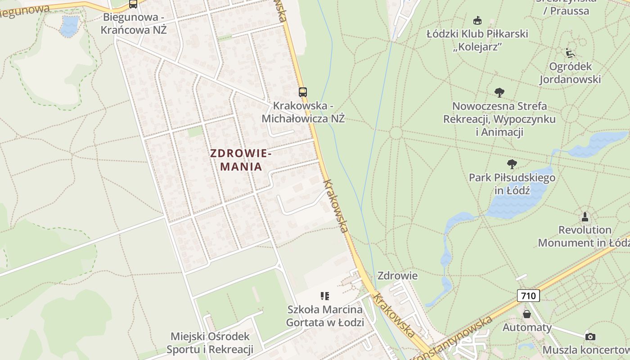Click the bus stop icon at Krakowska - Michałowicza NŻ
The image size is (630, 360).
[x=303, y=92]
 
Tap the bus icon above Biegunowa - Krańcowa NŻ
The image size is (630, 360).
[x=133, y=4]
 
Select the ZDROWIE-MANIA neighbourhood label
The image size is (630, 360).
[x=240, y=160]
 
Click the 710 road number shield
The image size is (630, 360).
[x=528, y=296]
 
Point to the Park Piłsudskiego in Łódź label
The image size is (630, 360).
[x=512, y=184]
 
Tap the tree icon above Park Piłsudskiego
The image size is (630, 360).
[x=512, y=164]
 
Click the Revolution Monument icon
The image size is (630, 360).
[x=585, y=217]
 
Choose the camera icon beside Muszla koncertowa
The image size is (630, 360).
[x=590, y=337]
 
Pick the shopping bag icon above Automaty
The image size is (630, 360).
[x=527, y=314]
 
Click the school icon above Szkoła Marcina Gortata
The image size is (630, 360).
[x=325, y=296]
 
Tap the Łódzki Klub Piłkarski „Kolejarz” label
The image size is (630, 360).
[x=477, y=40]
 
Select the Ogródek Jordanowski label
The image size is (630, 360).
[x=570, y=73]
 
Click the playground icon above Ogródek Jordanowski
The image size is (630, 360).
[x=570, y=53]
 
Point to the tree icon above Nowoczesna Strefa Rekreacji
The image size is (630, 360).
[x=499, y=93]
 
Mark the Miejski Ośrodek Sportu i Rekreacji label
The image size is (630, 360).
[x=210, y=343]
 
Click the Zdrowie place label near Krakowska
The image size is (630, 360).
[x=397, y=275]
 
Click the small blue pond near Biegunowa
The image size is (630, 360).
[x=69, y=26]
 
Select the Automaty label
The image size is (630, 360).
[x=527, y=327]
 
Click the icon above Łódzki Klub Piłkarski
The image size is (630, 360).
[x=477, y=21]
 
